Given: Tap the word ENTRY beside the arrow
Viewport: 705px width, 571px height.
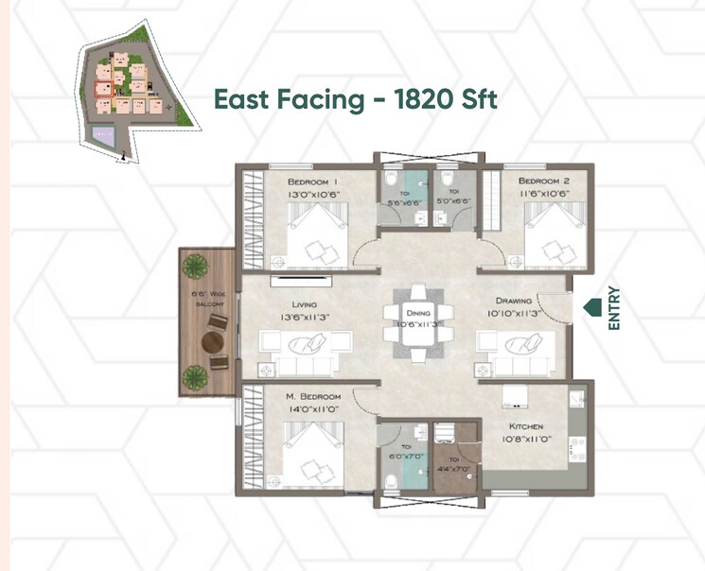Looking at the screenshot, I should tap(614, 308).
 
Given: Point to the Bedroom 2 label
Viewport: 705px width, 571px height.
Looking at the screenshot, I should tap(543, 181).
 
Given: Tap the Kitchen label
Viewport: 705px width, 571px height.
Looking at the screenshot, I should tap(521, 426).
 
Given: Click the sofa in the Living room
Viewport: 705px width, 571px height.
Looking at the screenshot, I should tap(306, 349).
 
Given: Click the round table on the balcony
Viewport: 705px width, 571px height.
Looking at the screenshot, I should tap(213, 338).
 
